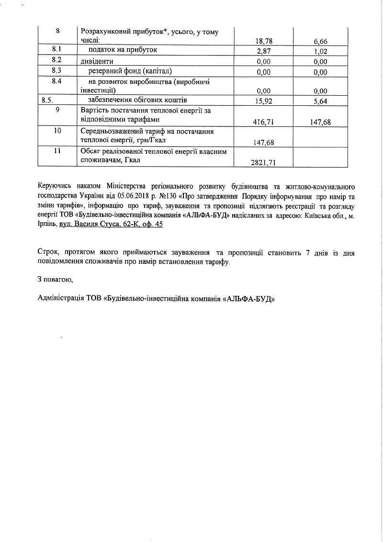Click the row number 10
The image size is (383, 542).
pyautogui.click(x=57, y=131)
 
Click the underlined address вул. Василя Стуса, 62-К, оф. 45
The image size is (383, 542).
pyautogui.click(x=111, y=224)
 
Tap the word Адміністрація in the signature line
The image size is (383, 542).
pyautogui.click(x=60, y=298)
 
